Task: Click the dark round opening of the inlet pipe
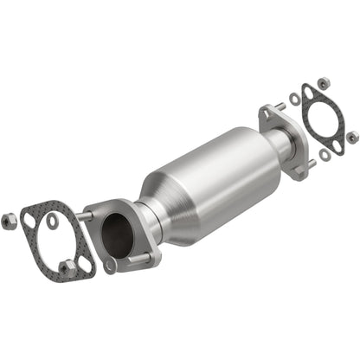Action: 117,234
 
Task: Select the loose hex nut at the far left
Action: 10,222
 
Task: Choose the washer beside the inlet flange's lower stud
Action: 109,266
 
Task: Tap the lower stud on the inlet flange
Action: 138,257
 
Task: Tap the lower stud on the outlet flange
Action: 309,162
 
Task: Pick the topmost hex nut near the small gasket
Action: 323,83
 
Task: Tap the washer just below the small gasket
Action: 324,155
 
